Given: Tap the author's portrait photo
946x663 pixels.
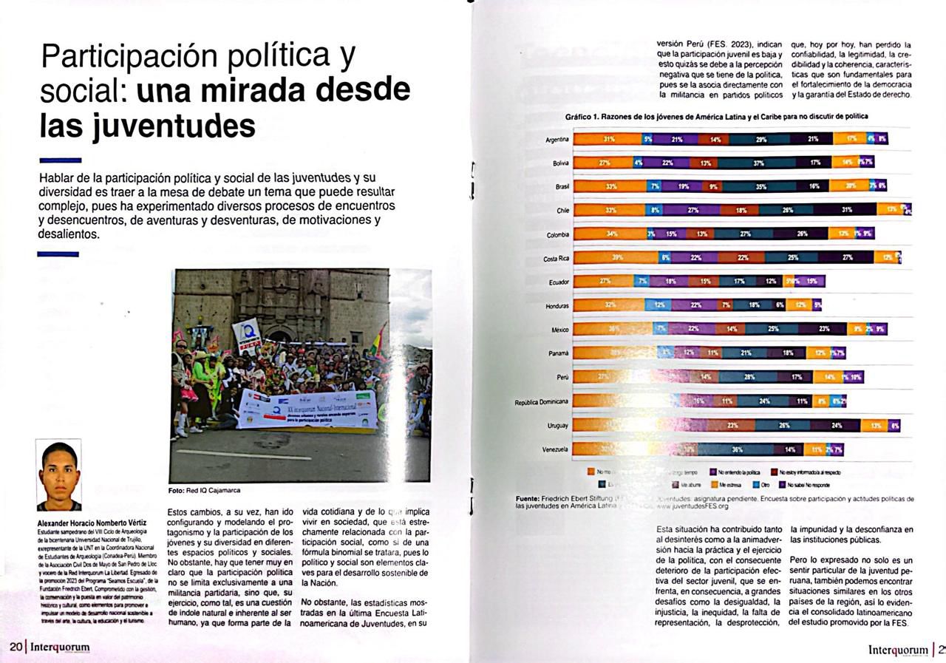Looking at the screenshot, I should coord(58,475).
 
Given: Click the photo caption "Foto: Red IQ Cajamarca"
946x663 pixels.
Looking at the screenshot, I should coord(204,490).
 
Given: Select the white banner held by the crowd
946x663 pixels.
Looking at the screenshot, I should coord(307,409).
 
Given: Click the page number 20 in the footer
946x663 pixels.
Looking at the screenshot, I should coord(15,647).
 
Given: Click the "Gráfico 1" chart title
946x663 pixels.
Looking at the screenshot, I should coord(716,116).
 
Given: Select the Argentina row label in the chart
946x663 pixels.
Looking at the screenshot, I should coord(557,140).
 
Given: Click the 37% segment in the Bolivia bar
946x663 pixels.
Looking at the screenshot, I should coord(758,163).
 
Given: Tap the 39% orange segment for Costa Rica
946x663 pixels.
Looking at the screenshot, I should coord(616,258).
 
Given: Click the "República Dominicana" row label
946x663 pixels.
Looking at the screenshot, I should coord(542,402).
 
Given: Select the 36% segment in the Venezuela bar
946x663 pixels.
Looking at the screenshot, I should coord(736,449).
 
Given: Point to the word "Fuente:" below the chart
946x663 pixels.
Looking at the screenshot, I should coord(529,499).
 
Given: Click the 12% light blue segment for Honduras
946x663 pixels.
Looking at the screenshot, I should coord(659,305).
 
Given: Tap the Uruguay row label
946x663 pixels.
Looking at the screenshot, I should coord(557,426).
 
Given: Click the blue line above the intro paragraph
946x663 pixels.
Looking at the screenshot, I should coord(60,160).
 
